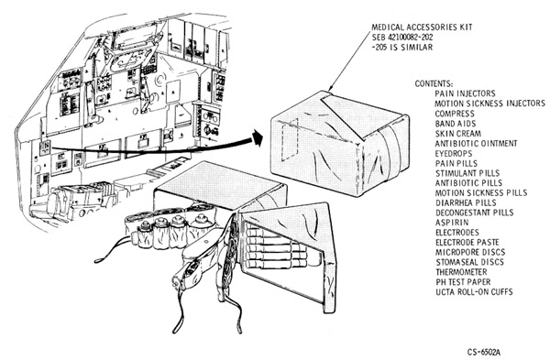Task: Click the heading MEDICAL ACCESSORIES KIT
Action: (422, 27)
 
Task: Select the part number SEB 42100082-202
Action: (402, 38)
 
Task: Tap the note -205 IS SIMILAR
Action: (402, 47)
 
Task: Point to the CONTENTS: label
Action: (434, 83)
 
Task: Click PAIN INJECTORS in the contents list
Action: (465, 93)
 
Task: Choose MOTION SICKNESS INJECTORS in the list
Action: (490, 104)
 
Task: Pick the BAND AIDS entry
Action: (456, 124)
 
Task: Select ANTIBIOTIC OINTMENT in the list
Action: (477, 144)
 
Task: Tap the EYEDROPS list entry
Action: (454, 154)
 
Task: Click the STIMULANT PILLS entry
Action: (467, 173)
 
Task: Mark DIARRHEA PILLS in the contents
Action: (467, 203)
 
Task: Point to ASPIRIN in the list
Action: (452, 223)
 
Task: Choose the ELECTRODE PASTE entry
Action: (467, 242)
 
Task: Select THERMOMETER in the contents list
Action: (462, 272)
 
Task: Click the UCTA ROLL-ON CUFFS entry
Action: (475, 291)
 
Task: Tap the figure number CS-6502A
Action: (484, 352)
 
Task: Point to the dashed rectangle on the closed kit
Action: (289, 140)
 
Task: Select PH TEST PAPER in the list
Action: (463, 282)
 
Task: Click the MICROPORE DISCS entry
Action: (471, 253)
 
